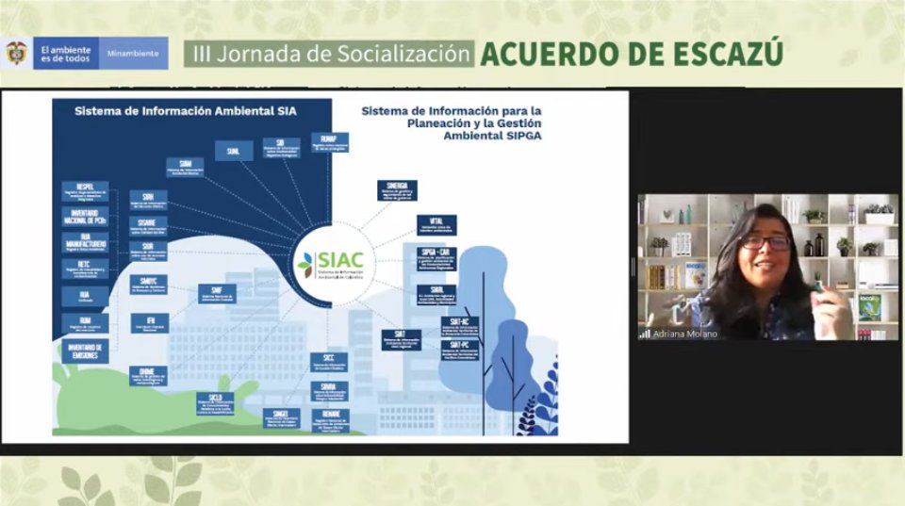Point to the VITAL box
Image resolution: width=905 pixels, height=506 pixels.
(x=436, y=224)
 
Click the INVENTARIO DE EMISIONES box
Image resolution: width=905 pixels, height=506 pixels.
(x=85, y=351)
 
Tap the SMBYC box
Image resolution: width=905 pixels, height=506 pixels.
(x=149, y=285)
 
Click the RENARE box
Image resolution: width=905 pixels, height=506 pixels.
(x=330, y=419)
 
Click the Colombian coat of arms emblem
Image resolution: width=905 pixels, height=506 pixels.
(x=16, y=53)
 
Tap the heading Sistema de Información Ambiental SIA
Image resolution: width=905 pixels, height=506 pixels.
(x=185, y=110)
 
